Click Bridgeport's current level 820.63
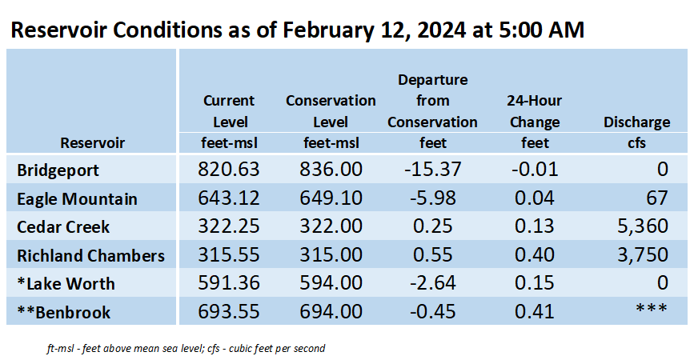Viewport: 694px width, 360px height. click(228, 170)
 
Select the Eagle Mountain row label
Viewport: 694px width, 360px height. click(77, 199)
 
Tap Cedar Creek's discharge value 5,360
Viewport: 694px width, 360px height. click(643, 226)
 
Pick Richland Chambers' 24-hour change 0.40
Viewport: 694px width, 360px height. click(534, 254)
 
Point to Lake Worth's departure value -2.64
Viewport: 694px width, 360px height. click(432, 283)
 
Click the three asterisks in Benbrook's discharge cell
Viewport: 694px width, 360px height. click(652, 308)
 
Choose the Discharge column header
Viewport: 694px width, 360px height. click(637, 122)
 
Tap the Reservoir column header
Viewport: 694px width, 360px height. click(93, 143)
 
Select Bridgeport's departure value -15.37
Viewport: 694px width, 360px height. click(432, 170)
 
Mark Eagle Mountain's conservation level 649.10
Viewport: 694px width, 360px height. click(331, 198)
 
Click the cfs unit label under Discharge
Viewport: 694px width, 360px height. click(636, 143)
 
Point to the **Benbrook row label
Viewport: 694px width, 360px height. click(64, 312)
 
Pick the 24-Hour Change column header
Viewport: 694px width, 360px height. click(535, 111)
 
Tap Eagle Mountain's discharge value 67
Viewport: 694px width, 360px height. click(657, 198)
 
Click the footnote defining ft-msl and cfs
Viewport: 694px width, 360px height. click(186, 349)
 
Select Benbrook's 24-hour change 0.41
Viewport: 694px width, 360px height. click(534, 312)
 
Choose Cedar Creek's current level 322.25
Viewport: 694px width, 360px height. click(228, 226)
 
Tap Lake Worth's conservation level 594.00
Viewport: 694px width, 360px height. click(331, 283)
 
